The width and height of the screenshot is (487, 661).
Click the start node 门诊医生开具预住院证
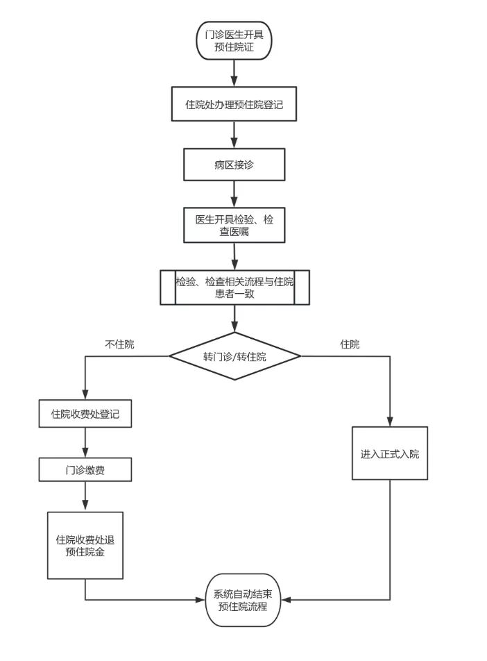(x=234, y=40)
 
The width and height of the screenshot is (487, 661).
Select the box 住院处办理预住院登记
(x=234, y=105)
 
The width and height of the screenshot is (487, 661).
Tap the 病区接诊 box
(x=234, y=165)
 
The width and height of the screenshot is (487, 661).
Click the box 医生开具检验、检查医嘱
(x=234, y=225)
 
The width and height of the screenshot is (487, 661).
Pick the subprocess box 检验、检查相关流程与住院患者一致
(x=234, y=287)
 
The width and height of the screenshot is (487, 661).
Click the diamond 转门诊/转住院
(x=234, y=356)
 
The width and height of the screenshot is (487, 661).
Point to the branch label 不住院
(x=119, y=344)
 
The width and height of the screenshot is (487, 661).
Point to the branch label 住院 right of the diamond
(x=350, y=344)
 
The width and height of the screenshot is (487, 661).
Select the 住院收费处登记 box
(x=85, y=414)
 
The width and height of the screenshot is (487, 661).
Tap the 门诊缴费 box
(x=85, y=470)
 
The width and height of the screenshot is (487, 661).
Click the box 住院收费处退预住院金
(x=85, y=545)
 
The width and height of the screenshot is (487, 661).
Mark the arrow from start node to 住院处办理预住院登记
(x=234, y=72)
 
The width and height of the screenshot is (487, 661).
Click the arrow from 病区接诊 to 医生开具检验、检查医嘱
(x=234, y=194)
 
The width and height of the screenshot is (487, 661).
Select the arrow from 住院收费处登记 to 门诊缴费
(x=85, y=442)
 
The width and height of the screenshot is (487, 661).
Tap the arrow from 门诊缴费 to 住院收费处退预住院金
(x=85, y=496)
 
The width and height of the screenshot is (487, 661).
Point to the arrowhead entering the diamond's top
(x=234, y=328)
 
